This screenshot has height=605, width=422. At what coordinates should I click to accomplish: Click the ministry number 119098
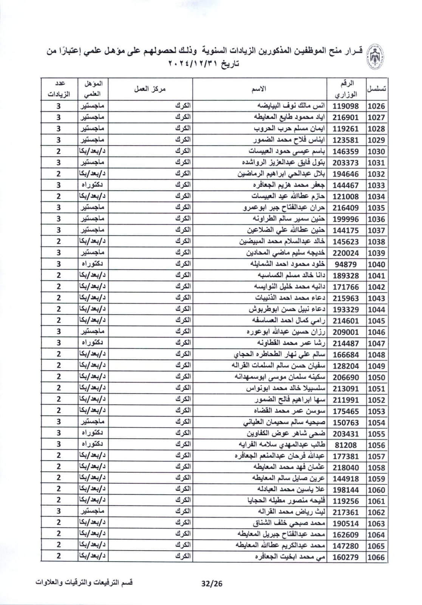(x=346, y=106)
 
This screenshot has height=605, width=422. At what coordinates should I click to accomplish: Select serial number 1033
(x=376, y=185)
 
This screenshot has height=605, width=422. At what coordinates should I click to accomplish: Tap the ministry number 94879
(x=346, y=264)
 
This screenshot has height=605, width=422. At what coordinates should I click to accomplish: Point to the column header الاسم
(x=259, y=89)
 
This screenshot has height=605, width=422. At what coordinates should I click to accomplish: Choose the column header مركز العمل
(x=150, y=89)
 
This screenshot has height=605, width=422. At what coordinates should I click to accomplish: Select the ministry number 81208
(x=346, y=445)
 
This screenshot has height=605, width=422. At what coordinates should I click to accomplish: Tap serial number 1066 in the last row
(x=376, y=557)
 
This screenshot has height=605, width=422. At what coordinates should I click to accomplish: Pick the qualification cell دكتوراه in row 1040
(x=93, y=264)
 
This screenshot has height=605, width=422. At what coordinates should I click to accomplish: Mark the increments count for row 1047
(x=59, y=343)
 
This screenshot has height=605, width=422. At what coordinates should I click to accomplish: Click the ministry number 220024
(x=346, y=253)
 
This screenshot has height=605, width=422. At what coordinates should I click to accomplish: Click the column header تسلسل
(x=376, y=89)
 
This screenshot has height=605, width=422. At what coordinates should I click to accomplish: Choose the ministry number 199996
(x=346, y=219)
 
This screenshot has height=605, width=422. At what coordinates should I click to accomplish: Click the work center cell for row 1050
(x=184, y=377)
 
